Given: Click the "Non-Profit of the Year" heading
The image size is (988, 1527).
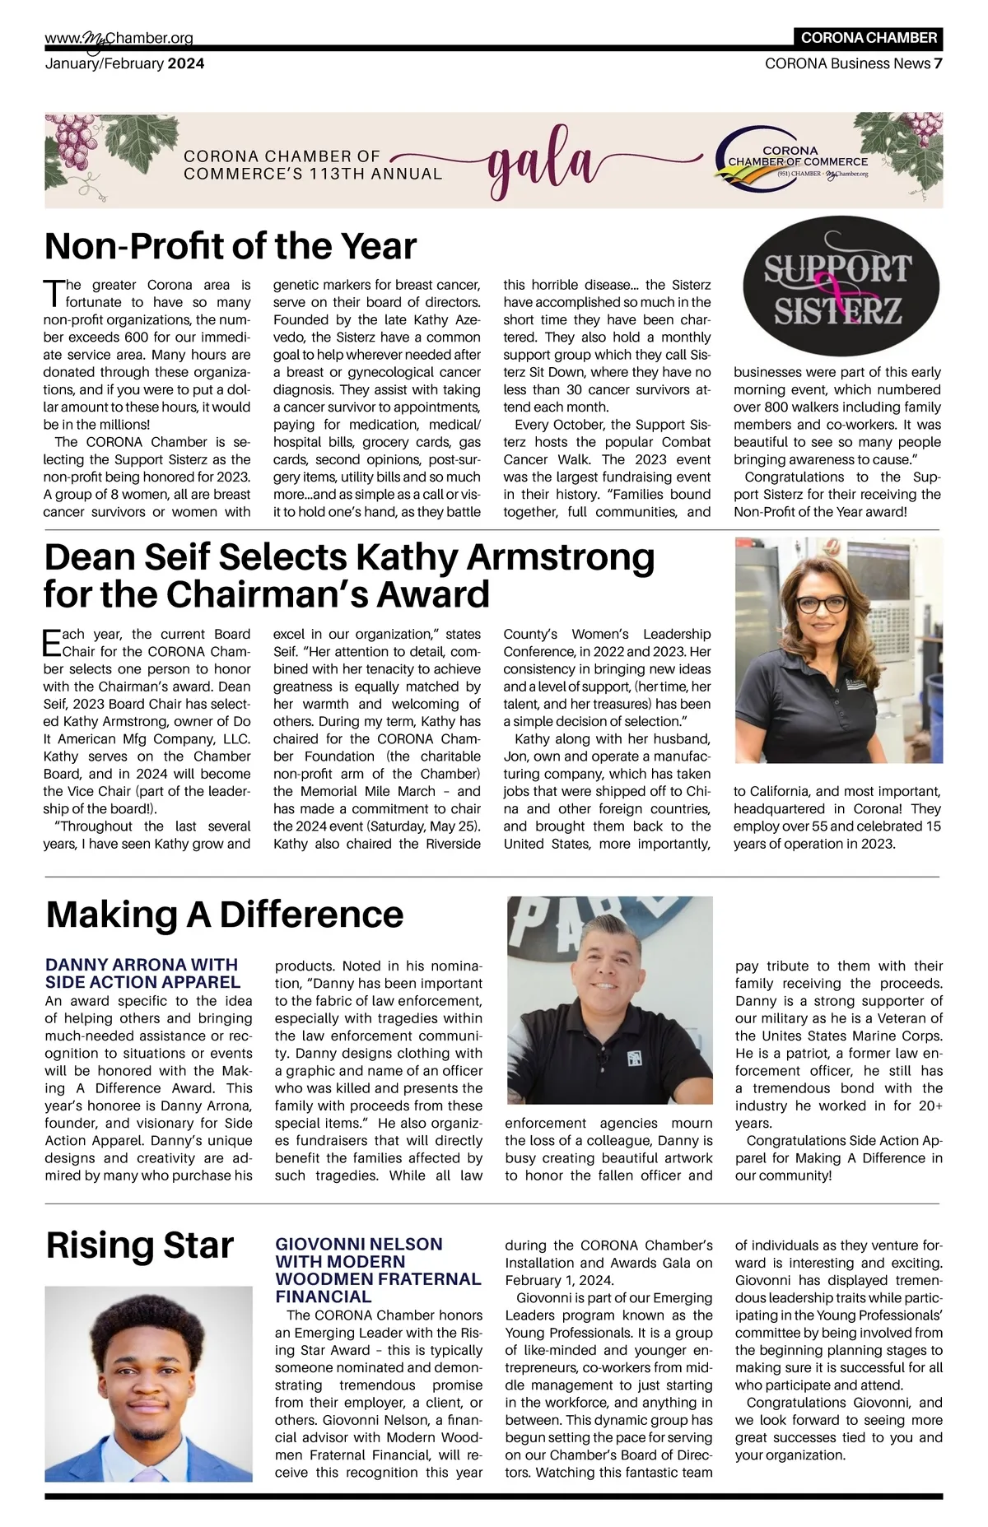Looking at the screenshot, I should [231, 246].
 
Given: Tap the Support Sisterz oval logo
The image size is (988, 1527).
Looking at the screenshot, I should [841, 291].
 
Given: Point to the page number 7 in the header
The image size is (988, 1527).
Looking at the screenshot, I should [938, 63].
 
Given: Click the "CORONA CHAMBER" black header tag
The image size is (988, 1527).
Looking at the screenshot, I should [869, 38].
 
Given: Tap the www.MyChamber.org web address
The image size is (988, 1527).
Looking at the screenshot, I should [119, 38].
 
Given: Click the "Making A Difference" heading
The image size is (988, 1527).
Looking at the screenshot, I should [225, 914].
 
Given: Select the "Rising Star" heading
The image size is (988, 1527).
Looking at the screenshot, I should [140, 1245].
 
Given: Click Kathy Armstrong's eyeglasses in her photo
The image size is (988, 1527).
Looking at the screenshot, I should [821, 603].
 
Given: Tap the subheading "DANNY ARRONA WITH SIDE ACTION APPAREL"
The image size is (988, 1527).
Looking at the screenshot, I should [142, 973].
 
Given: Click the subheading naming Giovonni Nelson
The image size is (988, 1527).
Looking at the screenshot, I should [378, 1269].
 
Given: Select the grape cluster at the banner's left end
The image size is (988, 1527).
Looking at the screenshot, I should [74, 140].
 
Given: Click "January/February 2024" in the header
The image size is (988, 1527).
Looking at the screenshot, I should [124, 63].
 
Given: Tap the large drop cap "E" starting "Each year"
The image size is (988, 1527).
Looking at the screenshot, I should [52, 642].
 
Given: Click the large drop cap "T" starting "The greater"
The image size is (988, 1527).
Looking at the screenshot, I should [52, 292].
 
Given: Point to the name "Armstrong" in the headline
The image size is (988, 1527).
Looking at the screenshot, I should [561, 557].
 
